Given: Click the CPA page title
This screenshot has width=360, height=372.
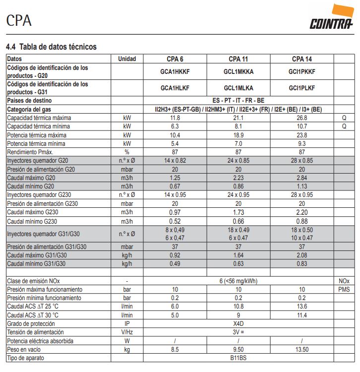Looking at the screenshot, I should [x=19, y=20].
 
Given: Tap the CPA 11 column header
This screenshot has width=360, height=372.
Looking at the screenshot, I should [x=238, y=59].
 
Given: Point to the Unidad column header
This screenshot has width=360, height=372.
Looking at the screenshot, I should [x=127, y=59].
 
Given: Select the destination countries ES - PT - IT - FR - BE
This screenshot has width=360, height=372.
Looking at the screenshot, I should [x=238, y=100].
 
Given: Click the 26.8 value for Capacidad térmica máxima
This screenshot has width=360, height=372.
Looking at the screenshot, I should [x=301, y=118].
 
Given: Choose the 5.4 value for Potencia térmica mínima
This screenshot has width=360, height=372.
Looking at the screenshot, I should [x=175, y=143].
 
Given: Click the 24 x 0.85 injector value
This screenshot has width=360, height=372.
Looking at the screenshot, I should [x=238, y=160].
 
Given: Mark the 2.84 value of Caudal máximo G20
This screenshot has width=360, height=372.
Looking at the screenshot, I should [x=301, y=178].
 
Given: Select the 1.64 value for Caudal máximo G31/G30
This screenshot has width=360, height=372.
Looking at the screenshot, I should [x=238, y=255].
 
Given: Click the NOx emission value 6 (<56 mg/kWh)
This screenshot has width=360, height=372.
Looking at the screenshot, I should [x=238, y=281].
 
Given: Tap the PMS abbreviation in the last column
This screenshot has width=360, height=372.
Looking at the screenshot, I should [x=344, y=289].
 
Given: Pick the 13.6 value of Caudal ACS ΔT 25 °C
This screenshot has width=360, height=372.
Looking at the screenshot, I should [x=301, y=306].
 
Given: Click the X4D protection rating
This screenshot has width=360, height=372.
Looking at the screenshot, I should [x=238, y=323].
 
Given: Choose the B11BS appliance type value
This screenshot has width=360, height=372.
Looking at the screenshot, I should [x=238, y=357].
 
